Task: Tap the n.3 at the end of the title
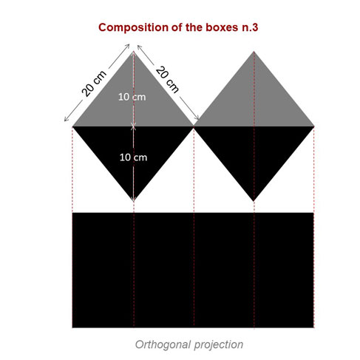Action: point(250,27)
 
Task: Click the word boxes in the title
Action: point(223,27)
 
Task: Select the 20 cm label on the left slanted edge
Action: point(94,84)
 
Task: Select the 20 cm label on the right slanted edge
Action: point(167,79)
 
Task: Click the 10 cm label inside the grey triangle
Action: point(132,97)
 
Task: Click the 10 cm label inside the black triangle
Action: point(133,157)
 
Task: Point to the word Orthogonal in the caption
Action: point(163,344)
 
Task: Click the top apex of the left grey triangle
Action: point(134,51)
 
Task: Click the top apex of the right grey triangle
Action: point(254,51)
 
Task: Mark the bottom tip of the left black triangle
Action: point(134,202)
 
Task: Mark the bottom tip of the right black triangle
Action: point(254,201)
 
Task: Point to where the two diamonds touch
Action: point(194,126)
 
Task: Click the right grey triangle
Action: point(254,101)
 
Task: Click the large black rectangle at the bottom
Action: point(193,270)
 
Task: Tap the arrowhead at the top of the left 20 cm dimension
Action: point(128,46)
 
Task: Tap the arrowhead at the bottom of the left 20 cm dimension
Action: point(66,120)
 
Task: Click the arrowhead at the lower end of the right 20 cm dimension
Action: point(197,118)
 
